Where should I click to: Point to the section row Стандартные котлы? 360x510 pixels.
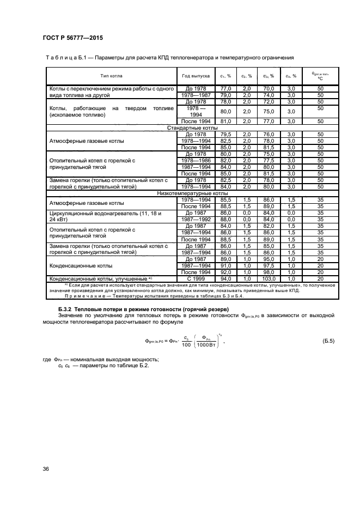click(192, 127)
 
